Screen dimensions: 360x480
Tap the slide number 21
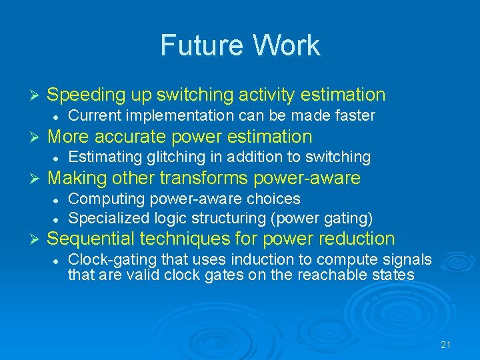pos(446,345)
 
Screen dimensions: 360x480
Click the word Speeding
pos(86,95)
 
